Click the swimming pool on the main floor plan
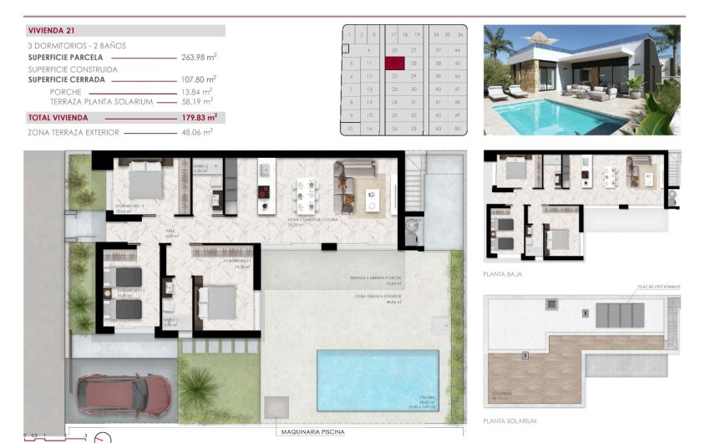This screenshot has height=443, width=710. pos(378,379)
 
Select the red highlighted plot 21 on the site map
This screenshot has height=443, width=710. pos(394,63)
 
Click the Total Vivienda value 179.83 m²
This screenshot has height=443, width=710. pos(200,118)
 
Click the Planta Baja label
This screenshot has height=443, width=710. pos(503,273)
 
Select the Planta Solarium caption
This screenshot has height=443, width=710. pos(510,420)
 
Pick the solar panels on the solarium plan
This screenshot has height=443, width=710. pos(619,315)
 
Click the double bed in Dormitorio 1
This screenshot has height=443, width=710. pos(220,303)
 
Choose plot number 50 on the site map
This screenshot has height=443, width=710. pos(459,128)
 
